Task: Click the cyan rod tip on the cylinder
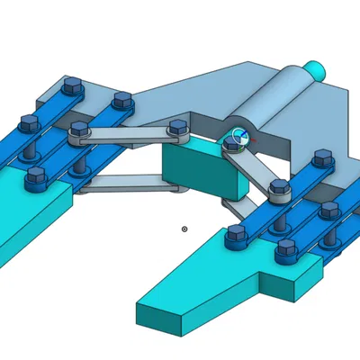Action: (316, 68)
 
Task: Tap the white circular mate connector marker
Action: (238, 138)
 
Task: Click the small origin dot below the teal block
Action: (184, 229)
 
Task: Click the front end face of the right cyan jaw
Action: (158, 315)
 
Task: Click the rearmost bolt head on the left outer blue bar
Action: (72, 86)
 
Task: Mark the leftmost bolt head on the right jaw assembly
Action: (237, 234)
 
